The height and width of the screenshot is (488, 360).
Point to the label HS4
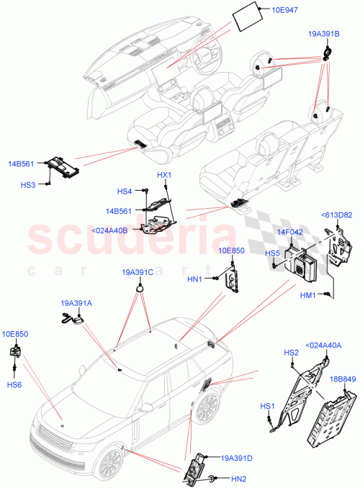point(125,191)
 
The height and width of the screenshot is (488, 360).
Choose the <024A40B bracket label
point(110,230)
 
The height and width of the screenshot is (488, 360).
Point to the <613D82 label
point(336,214)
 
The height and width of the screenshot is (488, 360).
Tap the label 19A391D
point(236,457)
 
